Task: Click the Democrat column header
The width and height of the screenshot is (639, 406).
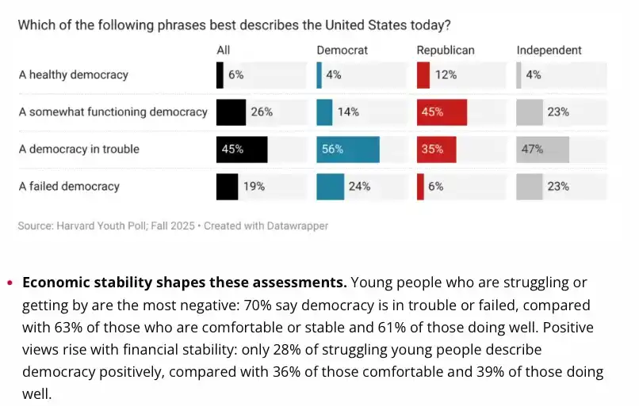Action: pyautogui.click(x=341, y=51)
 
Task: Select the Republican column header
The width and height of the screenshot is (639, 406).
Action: pyautogui.click(x=446, y=51)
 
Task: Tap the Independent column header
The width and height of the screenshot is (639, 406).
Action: pyautogui.click(x=549, y=51)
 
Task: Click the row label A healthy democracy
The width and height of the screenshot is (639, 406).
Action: pyautogui.click(x=74, y=75)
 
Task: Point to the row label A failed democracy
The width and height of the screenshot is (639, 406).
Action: pyautogui.click(x=69, y=187)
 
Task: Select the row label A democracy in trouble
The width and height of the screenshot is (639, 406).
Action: pyautogui.click(x=79, y=150)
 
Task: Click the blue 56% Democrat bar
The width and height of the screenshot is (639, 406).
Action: pyautogui.click(x=348, y=150)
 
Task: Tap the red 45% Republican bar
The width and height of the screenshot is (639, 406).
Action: pyautogui.click(x=442, y=112)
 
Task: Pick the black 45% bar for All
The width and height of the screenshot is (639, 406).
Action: pyautogui.click(x=242, y=150)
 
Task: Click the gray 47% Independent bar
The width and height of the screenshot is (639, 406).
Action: pyautogui.click(x=543, y=150)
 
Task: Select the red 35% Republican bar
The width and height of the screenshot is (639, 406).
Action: pyautogui.click(x=436, y=150)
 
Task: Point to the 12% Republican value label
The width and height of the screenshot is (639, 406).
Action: pyautogui.click(x=446, y=75)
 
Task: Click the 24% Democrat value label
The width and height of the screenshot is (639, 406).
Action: pyautogui.click(x=359, y=187)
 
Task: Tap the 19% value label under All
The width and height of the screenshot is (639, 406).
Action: pyautogui.click(x=254, y=187)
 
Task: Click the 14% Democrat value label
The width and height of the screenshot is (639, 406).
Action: pyautogui.click(x=348, y=112)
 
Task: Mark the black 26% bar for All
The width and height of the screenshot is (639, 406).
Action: pyautogui.click(x=231, y=112)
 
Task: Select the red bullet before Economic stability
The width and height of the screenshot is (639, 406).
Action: pyautogui.click(x=10, y=283)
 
